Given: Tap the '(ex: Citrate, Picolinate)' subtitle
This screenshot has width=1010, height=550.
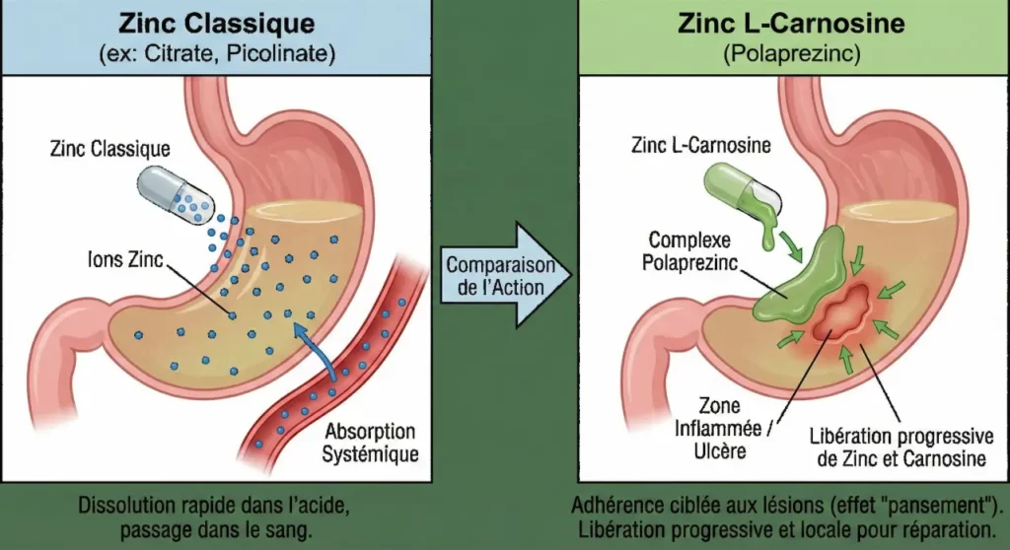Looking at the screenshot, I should coord(215,53).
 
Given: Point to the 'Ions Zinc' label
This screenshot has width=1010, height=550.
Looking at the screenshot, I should coord(123,261).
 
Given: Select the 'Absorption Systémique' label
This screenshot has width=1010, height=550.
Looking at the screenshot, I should coord(369,444).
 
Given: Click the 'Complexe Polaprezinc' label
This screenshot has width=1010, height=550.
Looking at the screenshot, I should coord(688,251).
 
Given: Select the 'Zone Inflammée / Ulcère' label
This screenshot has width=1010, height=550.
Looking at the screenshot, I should coord(735,433).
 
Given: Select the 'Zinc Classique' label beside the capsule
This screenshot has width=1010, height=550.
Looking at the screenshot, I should coord(110,149).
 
